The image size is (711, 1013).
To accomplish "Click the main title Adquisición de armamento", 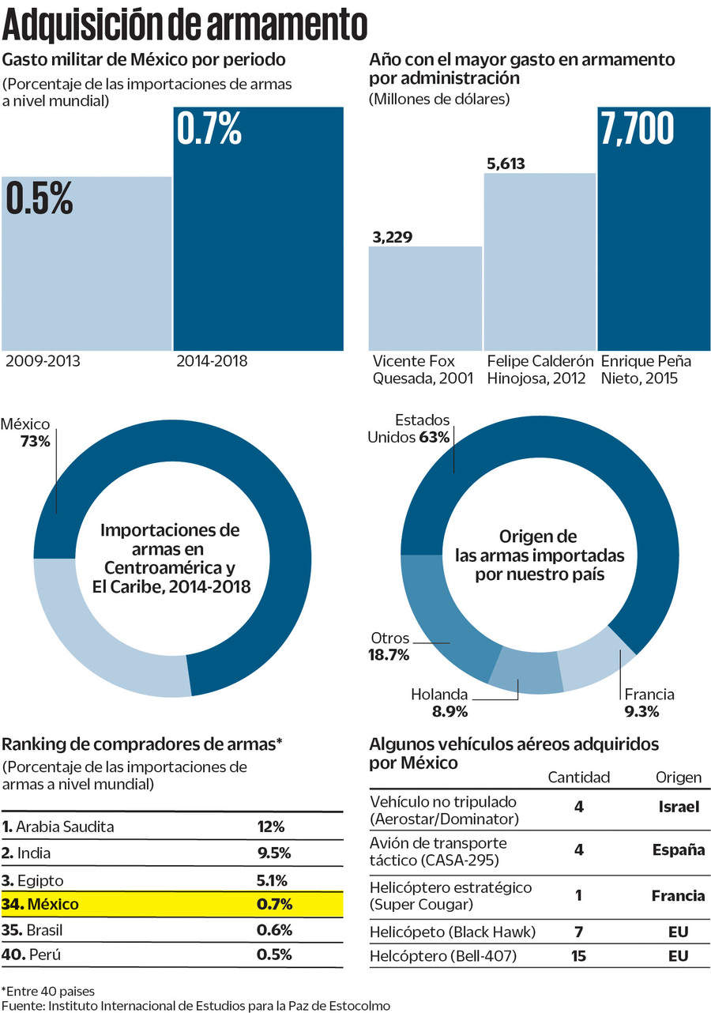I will coord(186,25).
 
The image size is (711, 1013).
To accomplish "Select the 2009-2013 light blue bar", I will coord(86,269).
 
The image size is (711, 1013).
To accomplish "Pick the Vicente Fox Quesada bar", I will coord(425,300).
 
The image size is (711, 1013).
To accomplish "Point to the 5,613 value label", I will coord(506,164).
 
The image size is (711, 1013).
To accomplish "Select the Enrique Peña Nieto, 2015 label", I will coord(646,370).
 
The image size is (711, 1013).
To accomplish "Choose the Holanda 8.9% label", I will coord(439,702).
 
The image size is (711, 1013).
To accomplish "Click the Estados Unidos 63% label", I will coord(409,428).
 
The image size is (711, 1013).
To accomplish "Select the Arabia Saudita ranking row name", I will coord(66,827).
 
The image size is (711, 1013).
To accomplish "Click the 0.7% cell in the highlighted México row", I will coord(274,904).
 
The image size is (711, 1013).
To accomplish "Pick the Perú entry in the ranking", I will coord(43,954).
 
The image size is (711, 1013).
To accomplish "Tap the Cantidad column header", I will coord(579,778).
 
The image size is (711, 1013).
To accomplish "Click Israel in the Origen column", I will coord(679,808).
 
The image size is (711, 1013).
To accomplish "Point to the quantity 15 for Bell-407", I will coord(579,956).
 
